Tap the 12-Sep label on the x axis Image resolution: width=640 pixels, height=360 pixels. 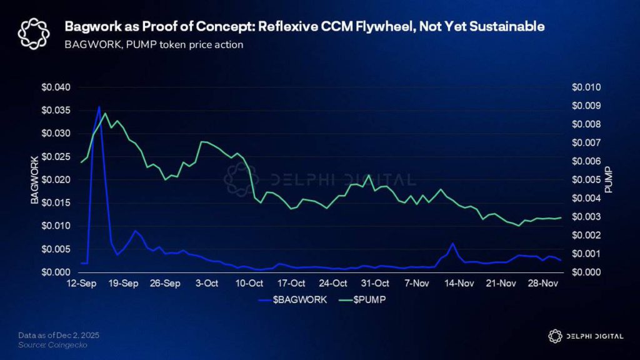click(81, 283)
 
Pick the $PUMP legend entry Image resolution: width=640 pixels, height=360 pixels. click(364, 299)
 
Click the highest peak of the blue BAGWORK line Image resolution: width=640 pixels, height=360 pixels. click(99, 107)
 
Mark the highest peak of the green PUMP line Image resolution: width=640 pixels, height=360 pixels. click(105, 113)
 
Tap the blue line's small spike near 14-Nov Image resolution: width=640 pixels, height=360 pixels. click(452, 243)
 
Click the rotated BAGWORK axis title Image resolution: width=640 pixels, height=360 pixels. click(35, 179)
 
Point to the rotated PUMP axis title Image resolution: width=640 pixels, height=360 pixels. click(609, 179)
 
